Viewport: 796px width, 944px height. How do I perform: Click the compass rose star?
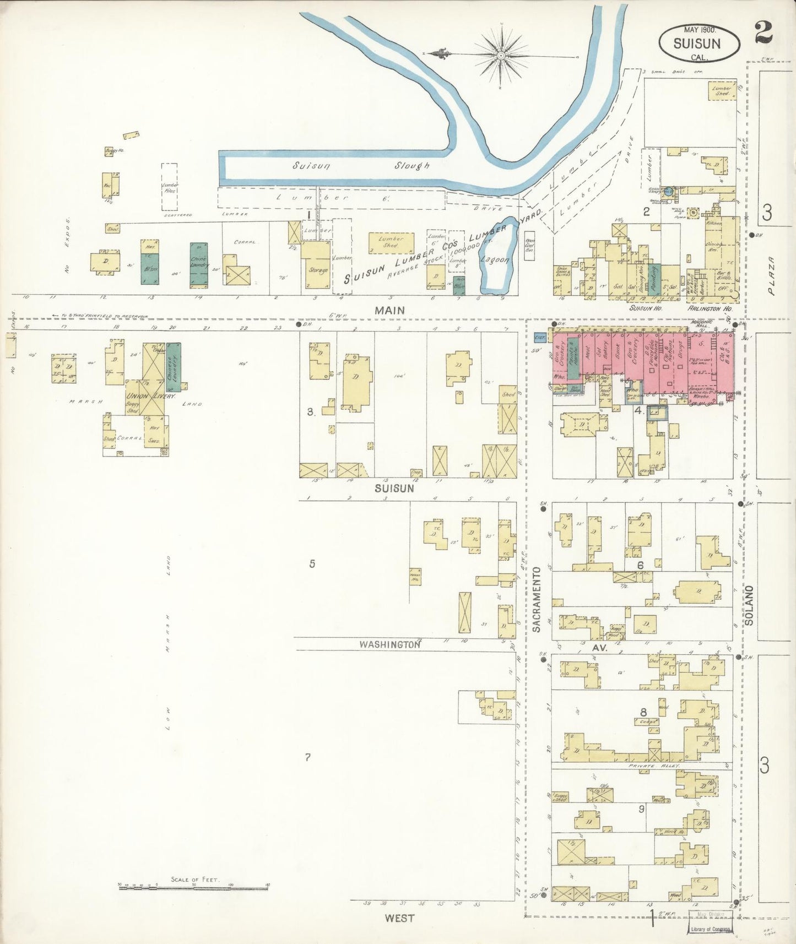point(501,56)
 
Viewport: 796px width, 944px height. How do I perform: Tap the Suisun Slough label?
point(361,165)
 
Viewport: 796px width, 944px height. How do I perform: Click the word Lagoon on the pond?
point(496,261)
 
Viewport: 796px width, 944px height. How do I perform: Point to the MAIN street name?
point(389,311)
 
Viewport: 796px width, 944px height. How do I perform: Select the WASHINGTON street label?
point(389,643)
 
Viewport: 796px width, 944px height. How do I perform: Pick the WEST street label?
point(400,918)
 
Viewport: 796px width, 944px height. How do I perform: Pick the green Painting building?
point(654,275)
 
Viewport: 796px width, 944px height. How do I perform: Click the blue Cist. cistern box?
point(539,336)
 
